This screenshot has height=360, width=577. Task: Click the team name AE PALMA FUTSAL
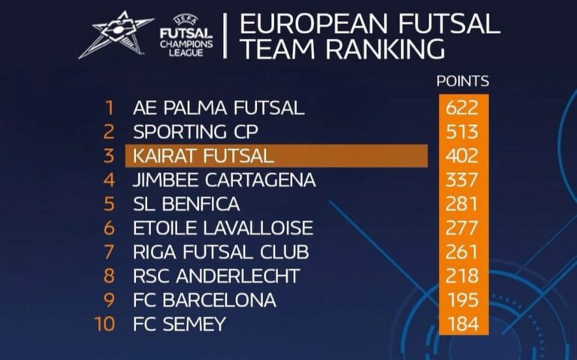[219, 107]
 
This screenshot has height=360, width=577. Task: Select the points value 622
[461, 107]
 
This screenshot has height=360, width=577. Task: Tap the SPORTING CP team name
[195, 132]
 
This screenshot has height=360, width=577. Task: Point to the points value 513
[461, 132]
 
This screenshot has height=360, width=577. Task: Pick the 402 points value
[461, 156]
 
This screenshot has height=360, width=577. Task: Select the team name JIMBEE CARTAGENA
[224, 180]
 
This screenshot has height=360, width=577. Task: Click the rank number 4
[109, 180]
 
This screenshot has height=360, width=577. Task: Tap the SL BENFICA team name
[186, 204]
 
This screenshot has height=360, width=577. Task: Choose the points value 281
[461, 204]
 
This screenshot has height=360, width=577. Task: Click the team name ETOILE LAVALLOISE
[222, 228]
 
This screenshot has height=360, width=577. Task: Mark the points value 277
[461, 228]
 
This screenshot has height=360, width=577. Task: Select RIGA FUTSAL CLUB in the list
[220, 252]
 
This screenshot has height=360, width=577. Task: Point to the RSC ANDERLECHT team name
[216, 276]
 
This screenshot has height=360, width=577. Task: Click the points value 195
[461, 300]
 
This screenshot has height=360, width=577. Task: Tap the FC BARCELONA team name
[204, 300]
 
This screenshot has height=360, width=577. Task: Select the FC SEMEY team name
[179, 324]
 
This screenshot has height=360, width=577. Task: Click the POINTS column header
[463, 81]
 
